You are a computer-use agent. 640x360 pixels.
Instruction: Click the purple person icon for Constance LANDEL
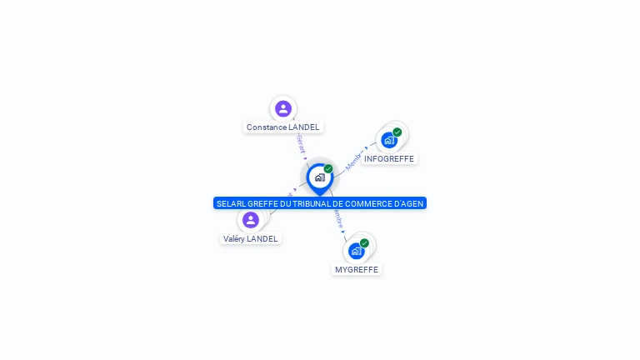(283, 108)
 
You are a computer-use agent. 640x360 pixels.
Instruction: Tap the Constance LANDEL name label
(283, 127)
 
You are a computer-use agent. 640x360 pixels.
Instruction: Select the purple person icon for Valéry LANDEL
(251, 220)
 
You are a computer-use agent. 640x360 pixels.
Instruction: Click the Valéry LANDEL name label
(251, 239)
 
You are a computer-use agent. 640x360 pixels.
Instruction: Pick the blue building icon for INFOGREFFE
(389, 140)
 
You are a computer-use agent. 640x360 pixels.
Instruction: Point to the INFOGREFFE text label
(389, 159)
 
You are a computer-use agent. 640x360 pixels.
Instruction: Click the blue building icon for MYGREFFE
(357, 251)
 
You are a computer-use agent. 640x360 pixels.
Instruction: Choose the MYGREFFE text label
(357, 270)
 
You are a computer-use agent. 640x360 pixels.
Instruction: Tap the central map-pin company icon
(319, 177)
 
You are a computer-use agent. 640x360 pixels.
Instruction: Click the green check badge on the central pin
(328, 168)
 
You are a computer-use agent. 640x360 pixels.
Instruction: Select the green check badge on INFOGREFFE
(397, 132)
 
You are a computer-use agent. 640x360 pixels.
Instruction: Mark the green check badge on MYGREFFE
(364, 243)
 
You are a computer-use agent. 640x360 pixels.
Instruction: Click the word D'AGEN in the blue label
(411, 203)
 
